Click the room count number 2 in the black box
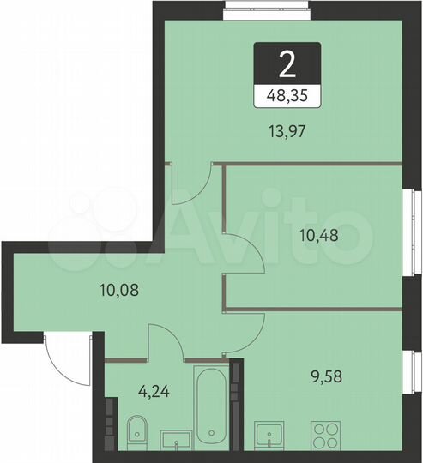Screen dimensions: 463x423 pyautogui.click(x=287, y=63)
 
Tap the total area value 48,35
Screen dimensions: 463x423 pyautogui.click(x=287, y=96)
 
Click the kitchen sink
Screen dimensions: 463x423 pyautogui.click(x=272, y=436)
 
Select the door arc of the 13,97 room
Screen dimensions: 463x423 pyautogui.click(x=196, y=187)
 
